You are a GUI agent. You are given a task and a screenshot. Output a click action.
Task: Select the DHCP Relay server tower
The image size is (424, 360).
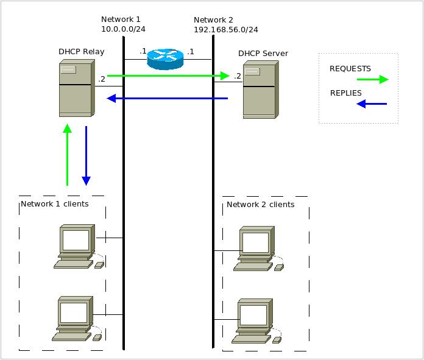(76, 90)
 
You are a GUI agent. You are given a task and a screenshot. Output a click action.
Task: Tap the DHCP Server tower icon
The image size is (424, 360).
(259, 91)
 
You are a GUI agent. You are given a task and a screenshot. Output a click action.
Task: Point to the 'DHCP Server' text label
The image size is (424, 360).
(263, 54)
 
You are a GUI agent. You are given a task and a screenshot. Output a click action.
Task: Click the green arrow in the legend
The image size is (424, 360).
(372, 79)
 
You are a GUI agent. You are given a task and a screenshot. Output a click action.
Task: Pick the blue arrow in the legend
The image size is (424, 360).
(372, 104)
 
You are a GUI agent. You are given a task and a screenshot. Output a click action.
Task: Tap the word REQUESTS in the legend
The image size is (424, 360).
(350, 69)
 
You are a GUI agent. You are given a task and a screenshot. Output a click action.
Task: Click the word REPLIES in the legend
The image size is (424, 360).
(346, 93)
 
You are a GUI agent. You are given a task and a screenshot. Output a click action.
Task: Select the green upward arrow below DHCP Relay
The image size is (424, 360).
(67, 155)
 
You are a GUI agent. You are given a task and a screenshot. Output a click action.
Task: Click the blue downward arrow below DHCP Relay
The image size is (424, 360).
(86, 155)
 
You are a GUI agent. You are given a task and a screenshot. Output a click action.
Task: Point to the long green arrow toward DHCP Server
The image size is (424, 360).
(168, 76)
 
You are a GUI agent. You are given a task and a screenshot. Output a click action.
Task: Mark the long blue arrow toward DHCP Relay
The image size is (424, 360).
(167, 98)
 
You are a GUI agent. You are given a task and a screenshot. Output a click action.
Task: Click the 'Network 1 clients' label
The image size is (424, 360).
(55, 203)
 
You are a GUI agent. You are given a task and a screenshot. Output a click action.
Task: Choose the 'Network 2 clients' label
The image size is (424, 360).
(260, 204)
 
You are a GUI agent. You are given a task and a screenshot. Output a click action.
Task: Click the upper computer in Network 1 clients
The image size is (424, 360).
(77, 246)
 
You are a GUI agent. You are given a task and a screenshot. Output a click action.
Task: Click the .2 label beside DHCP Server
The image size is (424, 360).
(237, 76)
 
